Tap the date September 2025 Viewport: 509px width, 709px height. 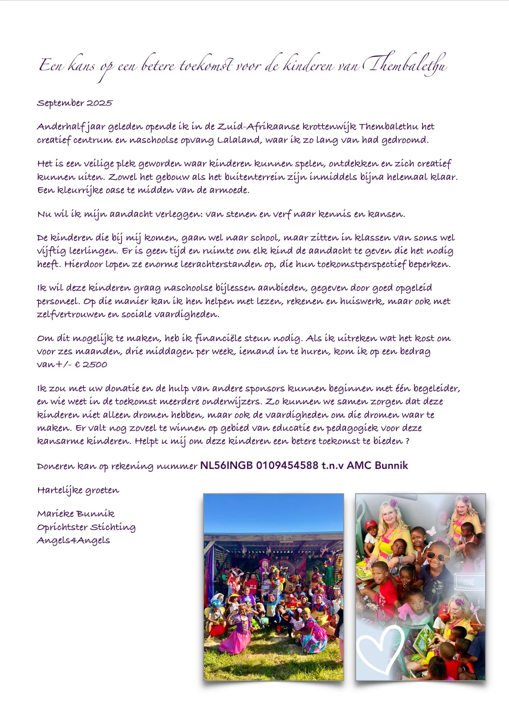point(74,103)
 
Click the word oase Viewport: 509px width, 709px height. point(115,190)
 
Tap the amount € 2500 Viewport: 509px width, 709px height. point(91,365)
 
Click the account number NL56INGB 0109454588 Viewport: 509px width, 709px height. point(259,466)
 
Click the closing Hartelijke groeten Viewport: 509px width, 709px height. point(78,490)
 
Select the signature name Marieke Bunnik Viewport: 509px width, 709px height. point(76,514)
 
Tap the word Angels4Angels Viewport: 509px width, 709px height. point(73,540)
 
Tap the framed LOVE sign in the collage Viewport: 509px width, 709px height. point(469,583)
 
